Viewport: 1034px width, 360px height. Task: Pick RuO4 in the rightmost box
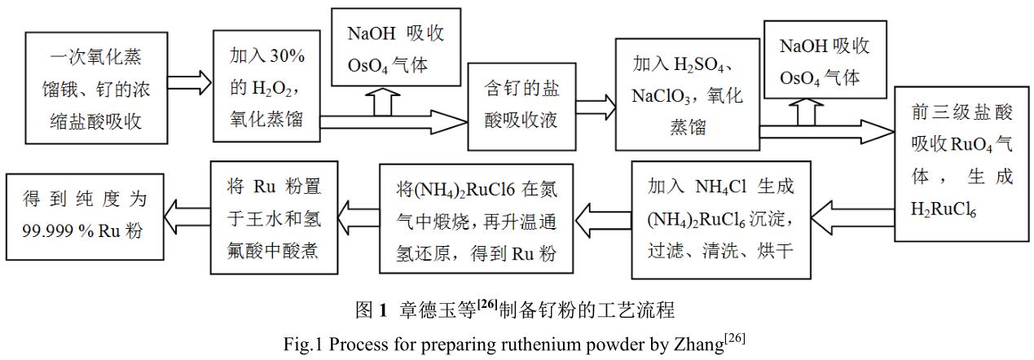click(x=975, y=144)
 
